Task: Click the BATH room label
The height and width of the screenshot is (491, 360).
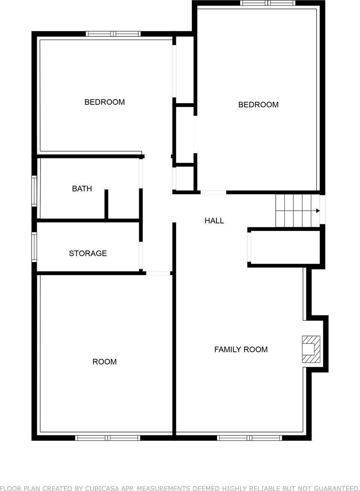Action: (82, 189)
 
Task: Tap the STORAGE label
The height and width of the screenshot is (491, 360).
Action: (88, 253)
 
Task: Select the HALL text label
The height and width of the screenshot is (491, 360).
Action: (214, 221)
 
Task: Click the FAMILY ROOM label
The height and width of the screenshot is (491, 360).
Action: (241, 349)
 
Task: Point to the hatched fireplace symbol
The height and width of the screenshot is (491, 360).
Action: (310, 349)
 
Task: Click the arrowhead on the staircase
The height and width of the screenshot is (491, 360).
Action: (317, 211)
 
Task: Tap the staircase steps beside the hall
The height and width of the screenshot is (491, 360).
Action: (297, 211)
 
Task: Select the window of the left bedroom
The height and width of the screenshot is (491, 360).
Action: (113, 34)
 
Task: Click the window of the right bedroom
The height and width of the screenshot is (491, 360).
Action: (268, 3)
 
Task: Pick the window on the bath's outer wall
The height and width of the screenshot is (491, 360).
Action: (34, 191)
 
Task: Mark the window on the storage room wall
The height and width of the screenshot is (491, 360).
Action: (34, 247)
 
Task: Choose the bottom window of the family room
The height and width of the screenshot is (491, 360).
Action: (250, 438)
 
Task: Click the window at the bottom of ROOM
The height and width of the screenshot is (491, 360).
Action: (108, 438)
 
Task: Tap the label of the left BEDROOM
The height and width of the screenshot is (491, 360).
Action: (104, 102)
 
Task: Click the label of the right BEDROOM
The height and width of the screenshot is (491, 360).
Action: (258, 105)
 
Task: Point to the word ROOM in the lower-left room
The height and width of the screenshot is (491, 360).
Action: (104, 362)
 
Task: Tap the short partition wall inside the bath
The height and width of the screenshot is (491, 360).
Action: (106, 204)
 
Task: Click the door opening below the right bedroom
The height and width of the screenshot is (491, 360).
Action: (213, 192)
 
